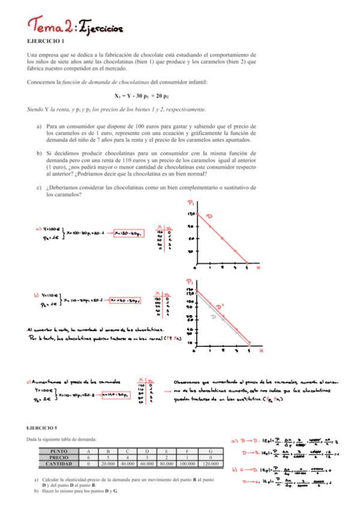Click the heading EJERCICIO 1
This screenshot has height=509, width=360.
coord(46,40)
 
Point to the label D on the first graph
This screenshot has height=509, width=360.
coord(209,216)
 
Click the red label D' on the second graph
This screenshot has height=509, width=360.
coord(219,307)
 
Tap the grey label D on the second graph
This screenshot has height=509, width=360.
coord(212,317)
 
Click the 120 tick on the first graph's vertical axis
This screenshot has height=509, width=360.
coord(190,213)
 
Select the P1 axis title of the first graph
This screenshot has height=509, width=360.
coord(191,203)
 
